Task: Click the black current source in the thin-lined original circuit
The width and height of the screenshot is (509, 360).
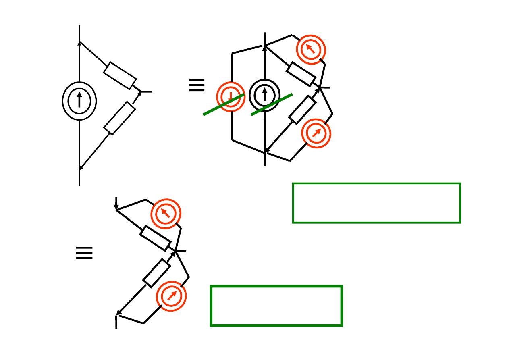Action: pyautogui.click(x=79, y=101)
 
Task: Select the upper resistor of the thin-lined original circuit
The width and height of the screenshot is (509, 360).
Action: pyautogui.click(x=120, y=76)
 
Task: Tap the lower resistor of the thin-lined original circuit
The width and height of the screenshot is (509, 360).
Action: pyautogui.click(x=119, y=118)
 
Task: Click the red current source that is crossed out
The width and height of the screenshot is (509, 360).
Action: pyautogui.click(x=231, y=97)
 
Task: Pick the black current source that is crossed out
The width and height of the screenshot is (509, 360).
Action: pyautogui.click(x=264, y=95)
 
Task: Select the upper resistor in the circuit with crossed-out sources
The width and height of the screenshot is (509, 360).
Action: pyautogui.click(x=301, y=74)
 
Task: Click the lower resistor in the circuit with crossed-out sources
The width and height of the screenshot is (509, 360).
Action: pyautogui.click(x=302, y=109)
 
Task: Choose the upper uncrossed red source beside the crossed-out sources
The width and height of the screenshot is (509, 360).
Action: pyautogui.click(x=311, y=50)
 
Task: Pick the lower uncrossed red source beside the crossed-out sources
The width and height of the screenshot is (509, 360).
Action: pyautogui.click(x=316, y=133)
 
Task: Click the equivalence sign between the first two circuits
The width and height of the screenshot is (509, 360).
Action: pyautogui.click(x=197, y=85)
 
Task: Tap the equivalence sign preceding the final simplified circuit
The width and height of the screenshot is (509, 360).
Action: pyautogui.click(x=84, y=253)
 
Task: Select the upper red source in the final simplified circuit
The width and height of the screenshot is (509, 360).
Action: pyautogui.click(x=166, y=214)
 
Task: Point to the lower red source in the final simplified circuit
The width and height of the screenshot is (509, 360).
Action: pyautogui.click(x=171, y=296)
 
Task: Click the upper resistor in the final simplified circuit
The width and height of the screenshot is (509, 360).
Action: pyautogui.click(x=155, y=238)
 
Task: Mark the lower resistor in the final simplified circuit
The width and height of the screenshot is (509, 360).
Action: pyautogui.click(x=156, y=273)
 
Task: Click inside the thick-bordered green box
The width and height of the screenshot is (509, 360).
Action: pyautogui.click(x=276, y=306)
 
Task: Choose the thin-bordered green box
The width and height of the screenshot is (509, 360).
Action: pyautogui.click(x=376, y=203)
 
